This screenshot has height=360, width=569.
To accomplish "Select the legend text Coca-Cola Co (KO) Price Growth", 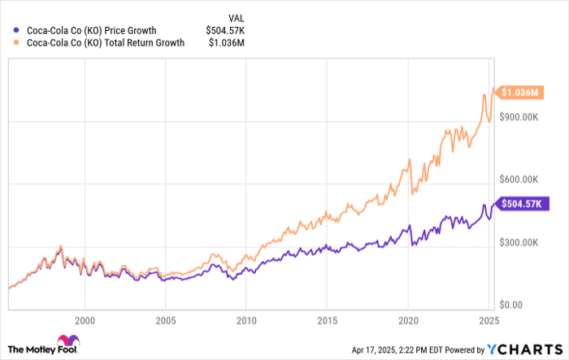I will (92, 31).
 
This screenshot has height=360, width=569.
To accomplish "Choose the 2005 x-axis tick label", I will (166, 321).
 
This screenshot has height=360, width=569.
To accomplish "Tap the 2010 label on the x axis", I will (246, 321).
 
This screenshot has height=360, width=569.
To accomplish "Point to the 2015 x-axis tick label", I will (328, 321).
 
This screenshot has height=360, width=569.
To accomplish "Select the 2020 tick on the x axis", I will (408, 321).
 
